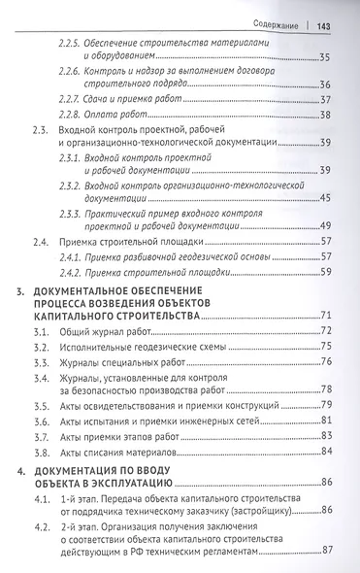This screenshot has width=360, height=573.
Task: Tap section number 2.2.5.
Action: [95, 45]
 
